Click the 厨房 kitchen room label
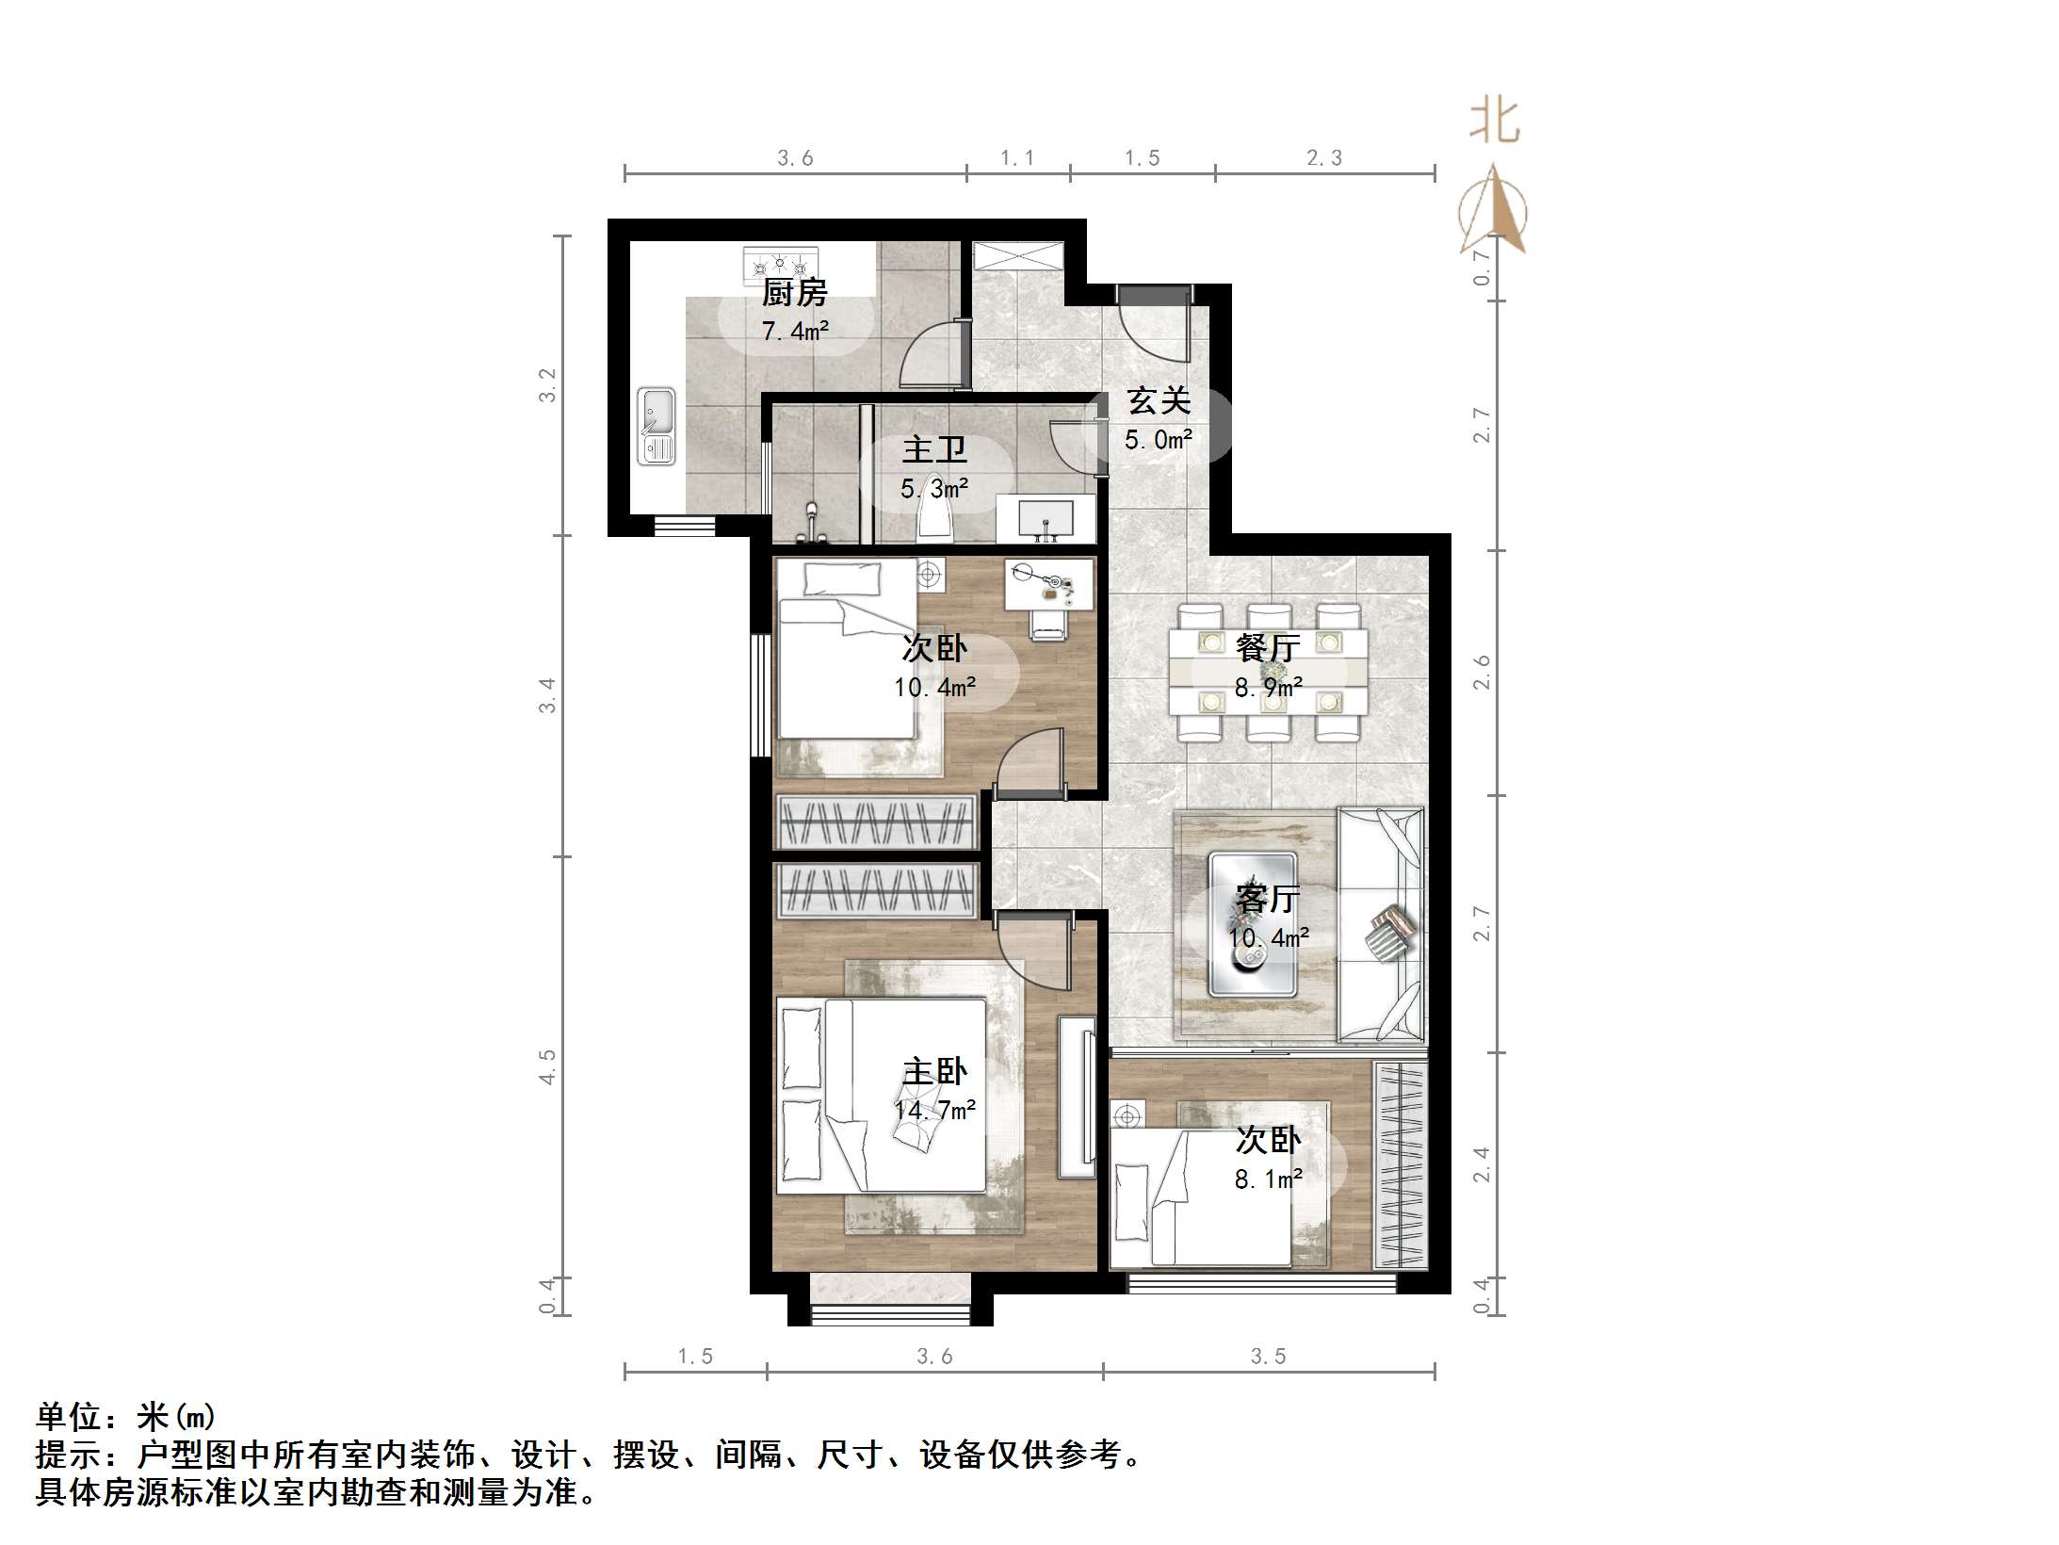tap(794, 293)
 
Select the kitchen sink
tap(657, 426)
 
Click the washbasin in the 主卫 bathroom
tap(1046, 519)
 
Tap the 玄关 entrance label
tap(1159, 401)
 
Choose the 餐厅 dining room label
tap(1268, 648)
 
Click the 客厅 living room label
tap(1268, 899)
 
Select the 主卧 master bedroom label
tap(934, 1071)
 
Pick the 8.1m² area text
tap(1268, 1179)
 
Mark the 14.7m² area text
tap(934, 1111)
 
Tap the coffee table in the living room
tap(1253, 925)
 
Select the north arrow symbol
tap(1494, 212)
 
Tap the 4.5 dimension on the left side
tap(548, 1067)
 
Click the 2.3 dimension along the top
tap(1323, 158)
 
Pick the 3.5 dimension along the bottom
tap(1268, 1357)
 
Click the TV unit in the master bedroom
tap(1077, 1097)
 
